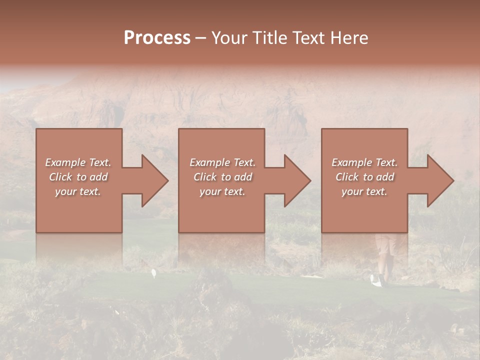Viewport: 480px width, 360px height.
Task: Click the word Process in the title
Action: pos(157,38)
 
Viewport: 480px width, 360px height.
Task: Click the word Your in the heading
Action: pos(230,38)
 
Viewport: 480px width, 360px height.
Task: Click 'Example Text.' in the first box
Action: pos(78,162)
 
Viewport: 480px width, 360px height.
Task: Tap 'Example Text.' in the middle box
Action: pos(222,162)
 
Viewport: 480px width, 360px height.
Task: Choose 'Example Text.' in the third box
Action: pos(364,162)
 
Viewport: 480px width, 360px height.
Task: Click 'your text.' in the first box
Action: pos(78,191)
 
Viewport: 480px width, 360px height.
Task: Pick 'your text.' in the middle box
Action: pos(222,191)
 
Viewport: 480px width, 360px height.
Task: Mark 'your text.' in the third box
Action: pos(364,191)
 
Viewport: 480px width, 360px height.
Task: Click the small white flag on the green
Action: pos(154,272)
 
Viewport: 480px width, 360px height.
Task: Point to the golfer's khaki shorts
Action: pos(384,244)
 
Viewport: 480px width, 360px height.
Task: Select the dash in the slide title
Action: pos(200,38)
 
